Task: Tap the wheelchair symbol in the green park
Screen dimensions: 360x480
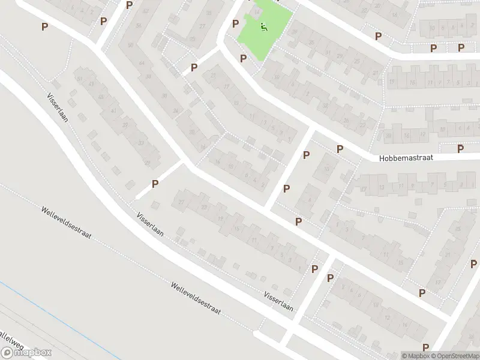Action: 263,26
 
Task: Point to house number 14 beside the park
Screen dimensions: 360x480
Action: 258,11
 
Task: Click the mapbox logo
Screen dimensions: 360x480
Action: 26,352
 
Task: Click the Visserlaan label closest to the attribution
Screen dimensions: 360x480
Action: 278,301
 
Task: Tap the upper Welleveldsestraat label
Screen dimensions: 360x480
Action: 66,223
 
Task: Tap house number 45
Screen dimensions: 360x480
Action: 101,97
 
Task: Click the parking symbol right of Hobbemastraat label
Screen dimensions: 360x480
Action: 461,149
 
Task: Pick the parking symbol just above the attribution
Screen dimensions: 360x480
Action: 425,347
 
